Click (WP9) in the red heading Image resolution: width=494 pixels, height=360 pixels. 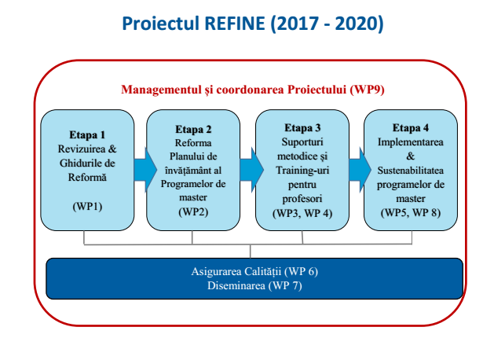(x=367, y=90)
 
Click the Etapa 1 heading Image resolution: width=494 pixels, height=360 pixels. (x=87, y=135)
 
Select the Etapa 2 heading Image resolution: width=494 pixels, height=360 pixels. (x=193, y=129)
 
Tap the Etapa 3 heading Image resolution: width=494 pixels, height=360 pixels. (x=302, y=127)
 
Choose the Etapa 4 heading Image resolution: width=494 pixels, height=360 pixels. (x=411, y=127)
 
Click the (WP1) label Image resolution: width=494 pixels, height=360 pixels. (x=87, y=207)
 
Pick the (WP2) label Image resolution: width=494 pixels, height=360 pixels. (x=193, y=211)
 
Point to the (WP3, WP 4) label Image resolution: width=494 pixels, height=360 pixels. (x=302, y=213)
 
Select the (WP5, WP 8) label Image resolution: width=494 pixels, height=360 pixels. (x=411, y=213)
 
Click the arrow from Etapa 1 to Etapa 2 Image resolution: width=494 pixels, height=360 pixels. (x=145, y=170)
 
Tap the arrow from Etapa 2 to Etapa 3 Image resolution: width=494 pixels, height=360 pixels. (x=251, y=170)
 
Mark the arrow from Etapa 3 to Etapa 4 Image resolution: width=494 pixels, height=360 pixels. (x=360, y=170)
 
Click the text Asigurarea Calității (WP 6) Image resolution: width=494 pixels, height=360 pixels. (x=254, y=271)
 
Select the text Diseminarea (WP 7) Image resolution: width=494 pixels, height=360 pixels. (x=254, y=285)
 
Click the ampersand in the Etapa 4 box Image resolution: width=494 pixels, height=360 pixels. (x=411, y=156)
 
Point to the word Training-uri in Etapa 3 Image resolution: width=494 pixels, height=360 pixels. (x=302, y=171)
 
